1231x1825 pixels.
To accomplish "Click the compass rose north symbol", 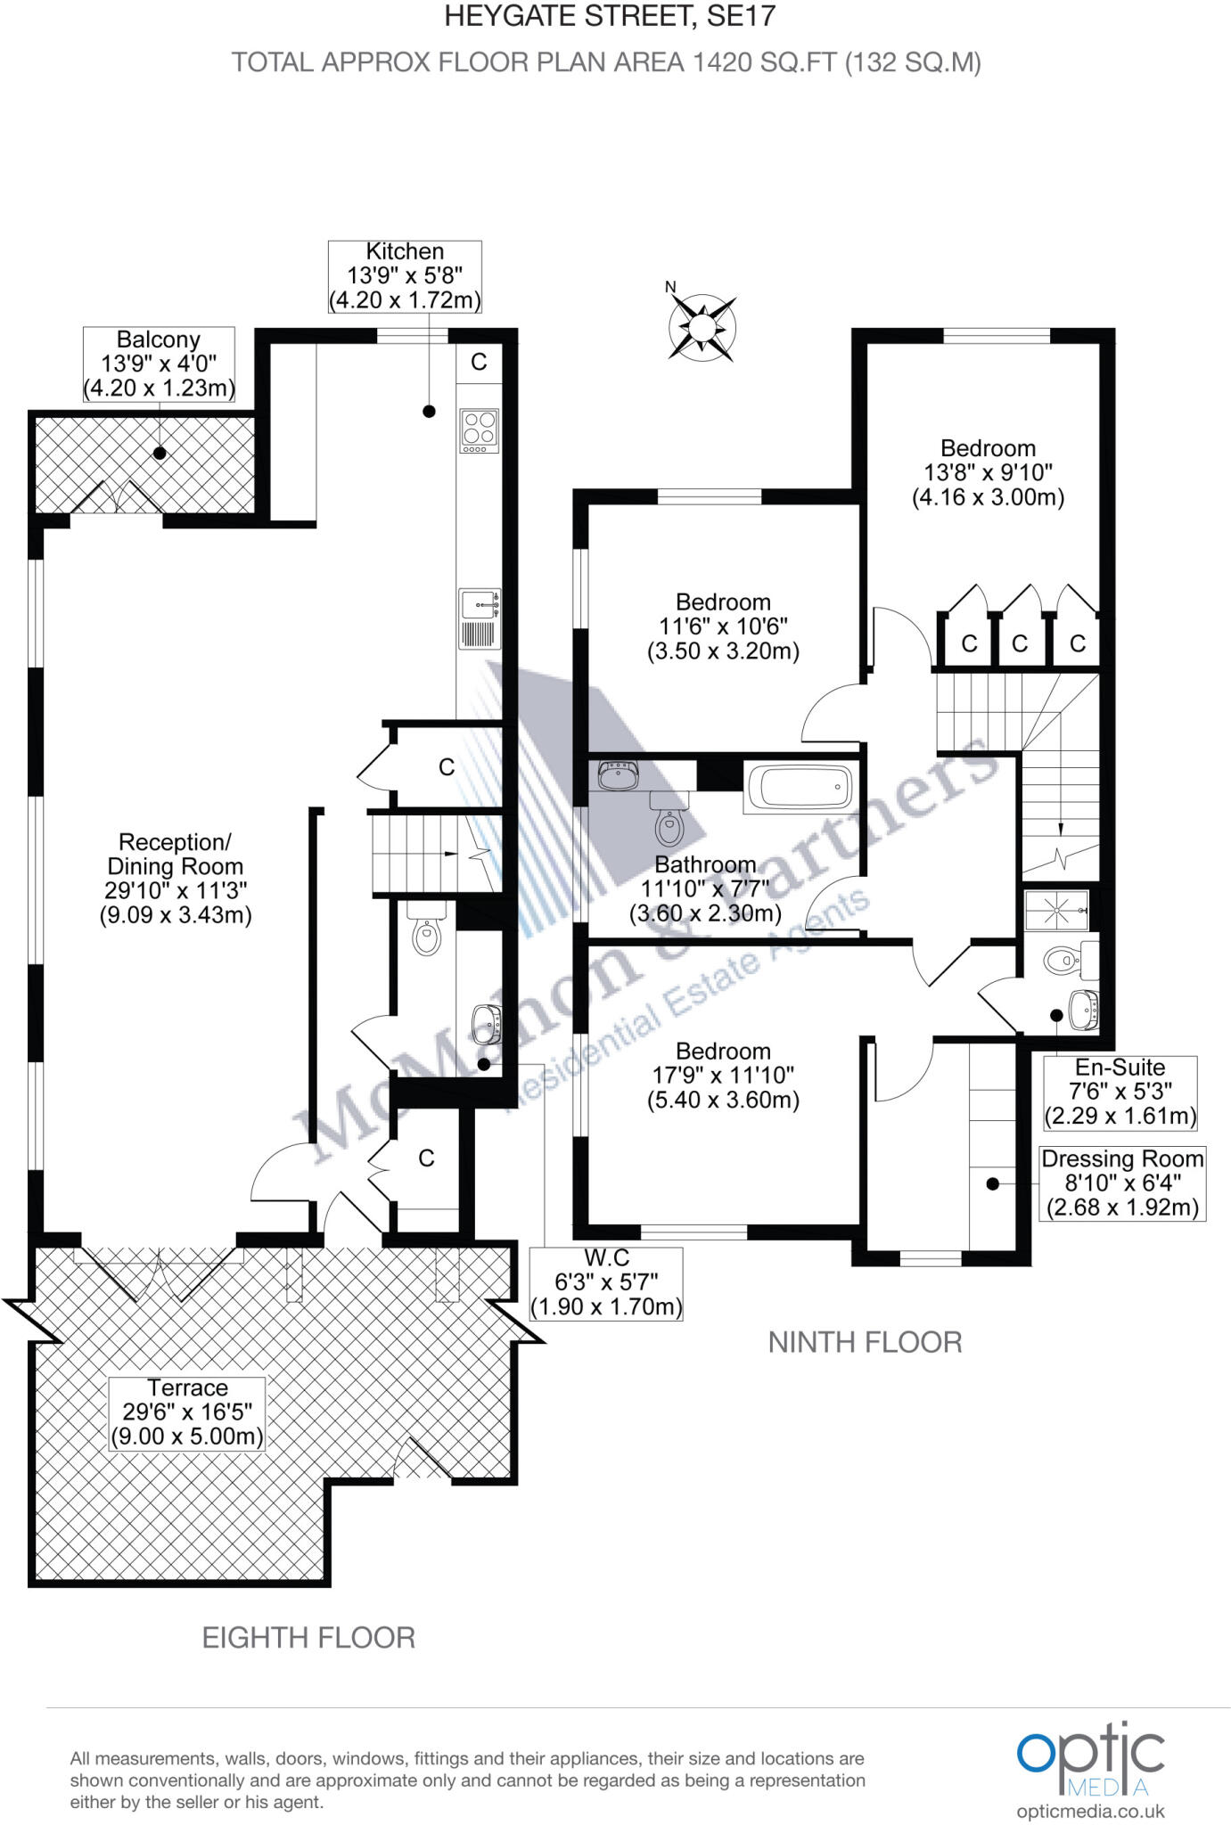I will (702, 326).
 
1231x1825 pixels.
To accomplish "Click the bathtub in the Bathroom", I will (800, 787).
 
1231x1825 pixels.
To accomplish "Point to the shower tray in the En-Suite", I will (1056, 910).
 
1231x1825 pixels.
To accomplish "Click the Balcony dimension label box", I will (159, 364).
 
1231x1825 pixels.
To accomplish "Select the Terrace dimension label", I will (187, 1412).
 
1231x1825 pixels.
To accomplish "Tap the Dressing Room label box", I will (1122, 1183).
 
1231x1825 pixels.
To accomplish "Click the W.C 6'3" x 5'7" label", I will (606, 1282).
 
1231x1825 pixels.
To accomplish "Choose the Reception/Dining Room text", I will (176, 878).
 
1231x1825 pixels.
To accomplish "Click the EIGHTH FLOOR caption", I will (308, 1637).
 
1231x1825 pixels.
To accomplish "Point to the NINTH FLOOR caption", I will (865, 1341).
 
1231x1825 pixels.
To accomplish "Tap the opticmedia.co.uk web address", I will (1090, 1811).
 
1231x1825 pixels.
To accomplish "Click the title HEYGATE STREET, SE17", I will (610, 15).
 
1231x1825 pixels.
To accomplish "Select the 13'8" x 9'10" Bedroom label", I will (988, 472).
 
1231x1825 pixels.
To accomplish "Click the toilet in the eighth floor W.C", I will (427, 933).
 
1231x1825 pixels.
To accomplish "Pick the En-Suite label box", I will (1120, 1092).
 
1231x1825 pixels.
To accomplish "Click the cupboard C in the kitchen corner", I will (479, 361).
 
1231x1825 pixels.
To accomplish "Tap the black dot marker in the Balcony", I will (160, 453).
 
